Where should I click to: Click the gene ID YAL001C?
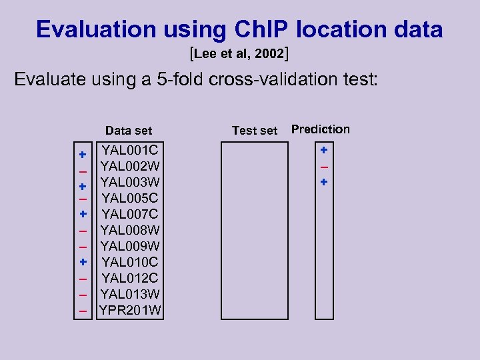[130, 149]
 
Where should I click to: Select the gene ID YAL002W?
[130, 165]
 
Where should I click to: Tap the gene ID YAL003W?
[130, 181]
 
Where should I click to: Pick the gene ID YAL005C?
[130, 198]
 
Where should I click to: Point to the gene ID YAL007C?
[130, 214]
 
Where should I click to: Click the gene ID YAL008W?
[130, 230]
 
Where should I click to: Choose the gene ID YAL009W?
[130, 246]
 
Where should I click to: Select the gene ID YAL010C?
[130, 262]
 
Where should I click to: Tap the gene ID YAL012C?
[130, 278]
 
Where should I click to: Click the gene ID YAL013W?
[130, 294]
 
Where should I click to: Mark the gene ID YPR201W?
[130, 310]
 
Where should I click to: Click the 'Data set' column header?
[129, 131]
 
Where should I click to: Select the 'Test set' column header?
[254, 131]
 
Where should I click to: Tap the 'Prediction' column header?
[320, 129]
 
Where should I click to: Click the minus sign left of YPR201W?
[83, 311]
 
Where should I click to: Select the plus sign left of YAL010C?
[83, 262]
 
